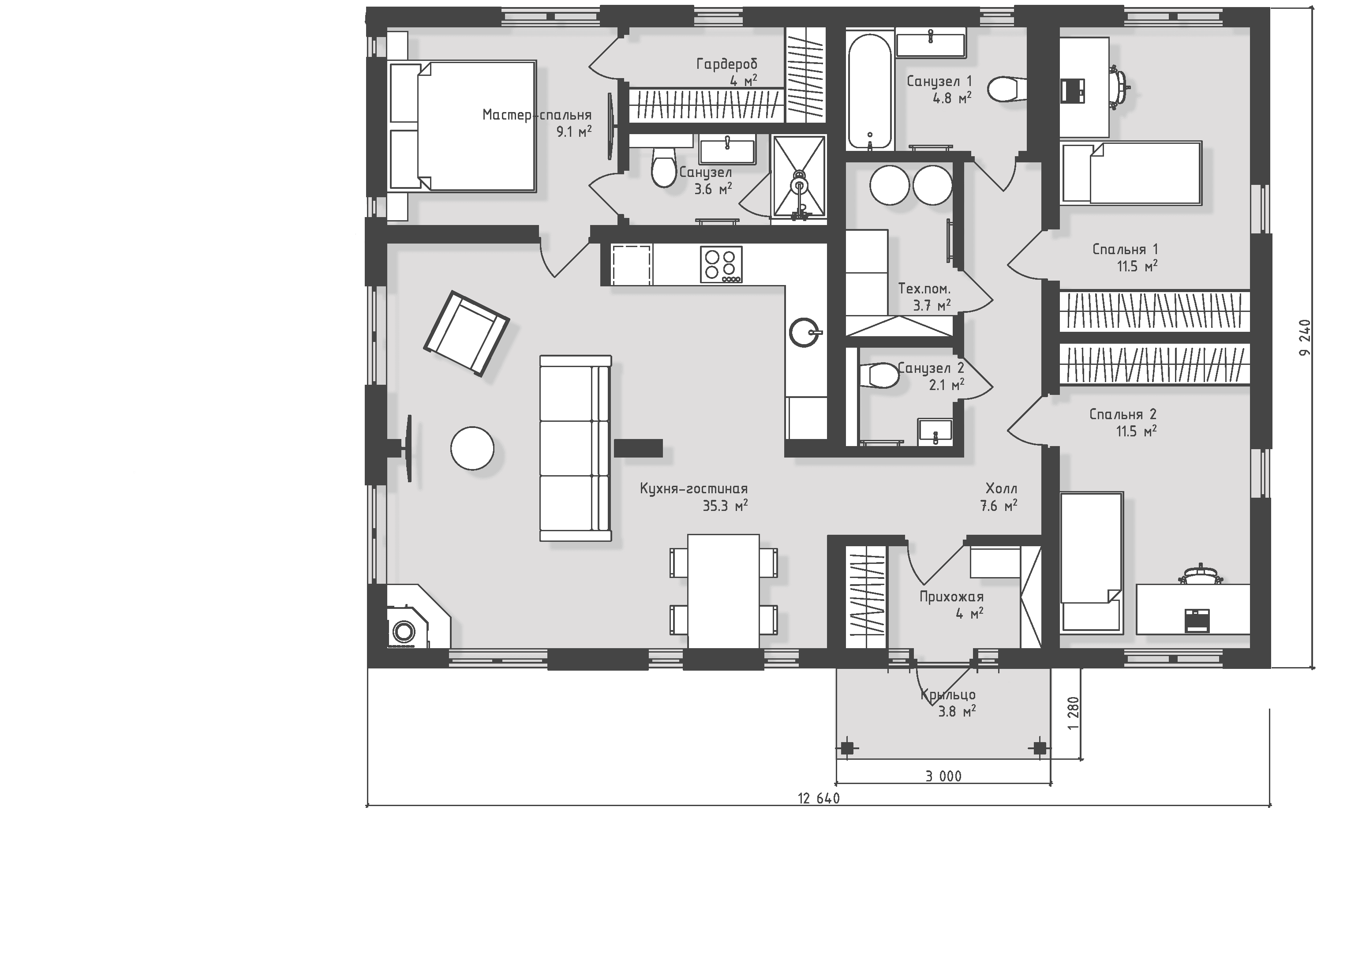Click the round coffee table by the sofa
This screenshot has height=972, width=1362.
tap(472, 448)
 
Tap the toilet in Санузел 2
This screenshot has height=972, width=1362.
tap(879, 376)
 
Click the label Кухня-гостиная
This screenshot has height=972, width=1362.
tap(694, 488)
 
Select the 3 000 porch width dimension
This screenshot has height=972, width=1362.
tap(944, 776)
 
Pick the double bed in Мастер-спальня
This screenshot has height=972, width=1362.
tap(462, 126)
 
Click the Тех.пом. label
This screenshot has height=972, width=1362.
tap(924, 289)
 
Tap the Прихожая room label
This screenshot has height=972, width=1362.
tap(951, 597)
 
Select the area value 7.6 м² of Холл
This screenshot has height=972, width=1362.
tap(998, 506)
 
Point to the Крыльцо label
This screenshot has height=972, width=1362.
tap(948, 694)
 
